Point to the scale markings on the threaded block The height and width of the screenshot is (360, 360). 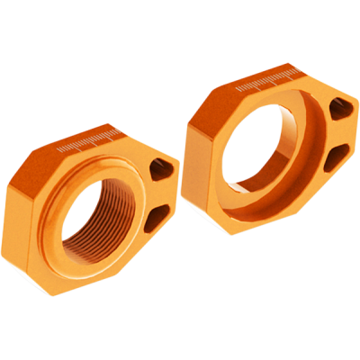click(x=89, y=142)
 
